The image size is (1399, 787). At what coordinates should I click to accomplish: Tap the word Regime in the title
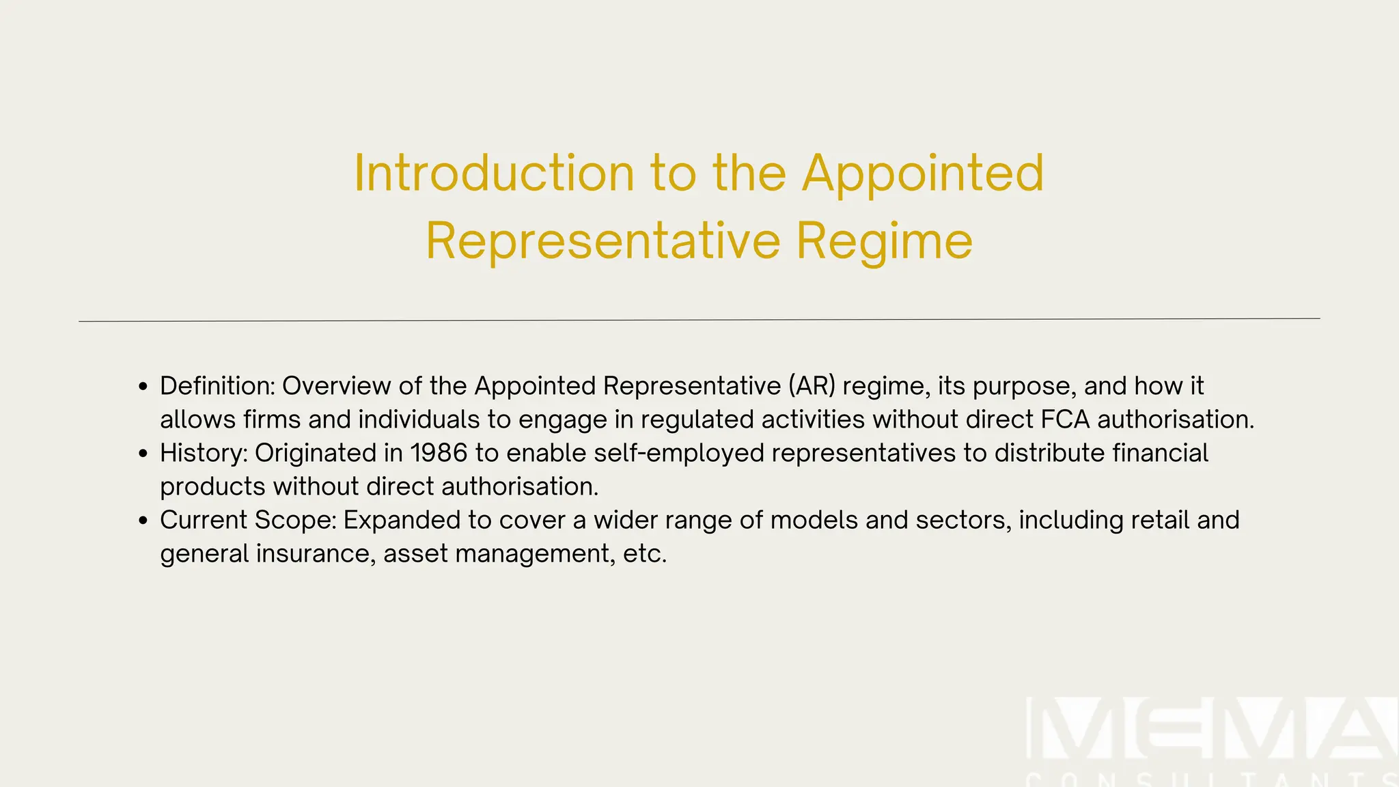coord(884,241)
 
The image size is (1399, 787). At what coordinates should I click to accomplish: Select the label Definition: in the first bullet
coord(217,386)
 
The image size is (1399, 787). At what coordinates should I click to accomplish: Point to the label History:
coord(203,453)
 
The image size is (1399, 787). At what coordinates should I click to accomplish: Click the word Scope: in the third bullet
coord(295,521)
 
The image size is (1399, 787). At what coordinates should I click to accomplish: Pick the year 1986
coord(439,453)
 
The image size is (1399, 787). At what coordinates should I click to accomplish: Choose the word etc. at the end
coord(644,554)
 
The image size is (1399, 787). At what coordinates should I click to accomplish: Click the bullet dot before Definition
coord(143,387)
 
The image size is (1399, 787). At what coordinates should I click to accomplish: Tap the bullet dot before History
coord(143,454)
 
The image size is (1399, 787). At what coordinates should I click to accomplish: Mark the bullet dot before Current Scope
coord(143,521)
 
